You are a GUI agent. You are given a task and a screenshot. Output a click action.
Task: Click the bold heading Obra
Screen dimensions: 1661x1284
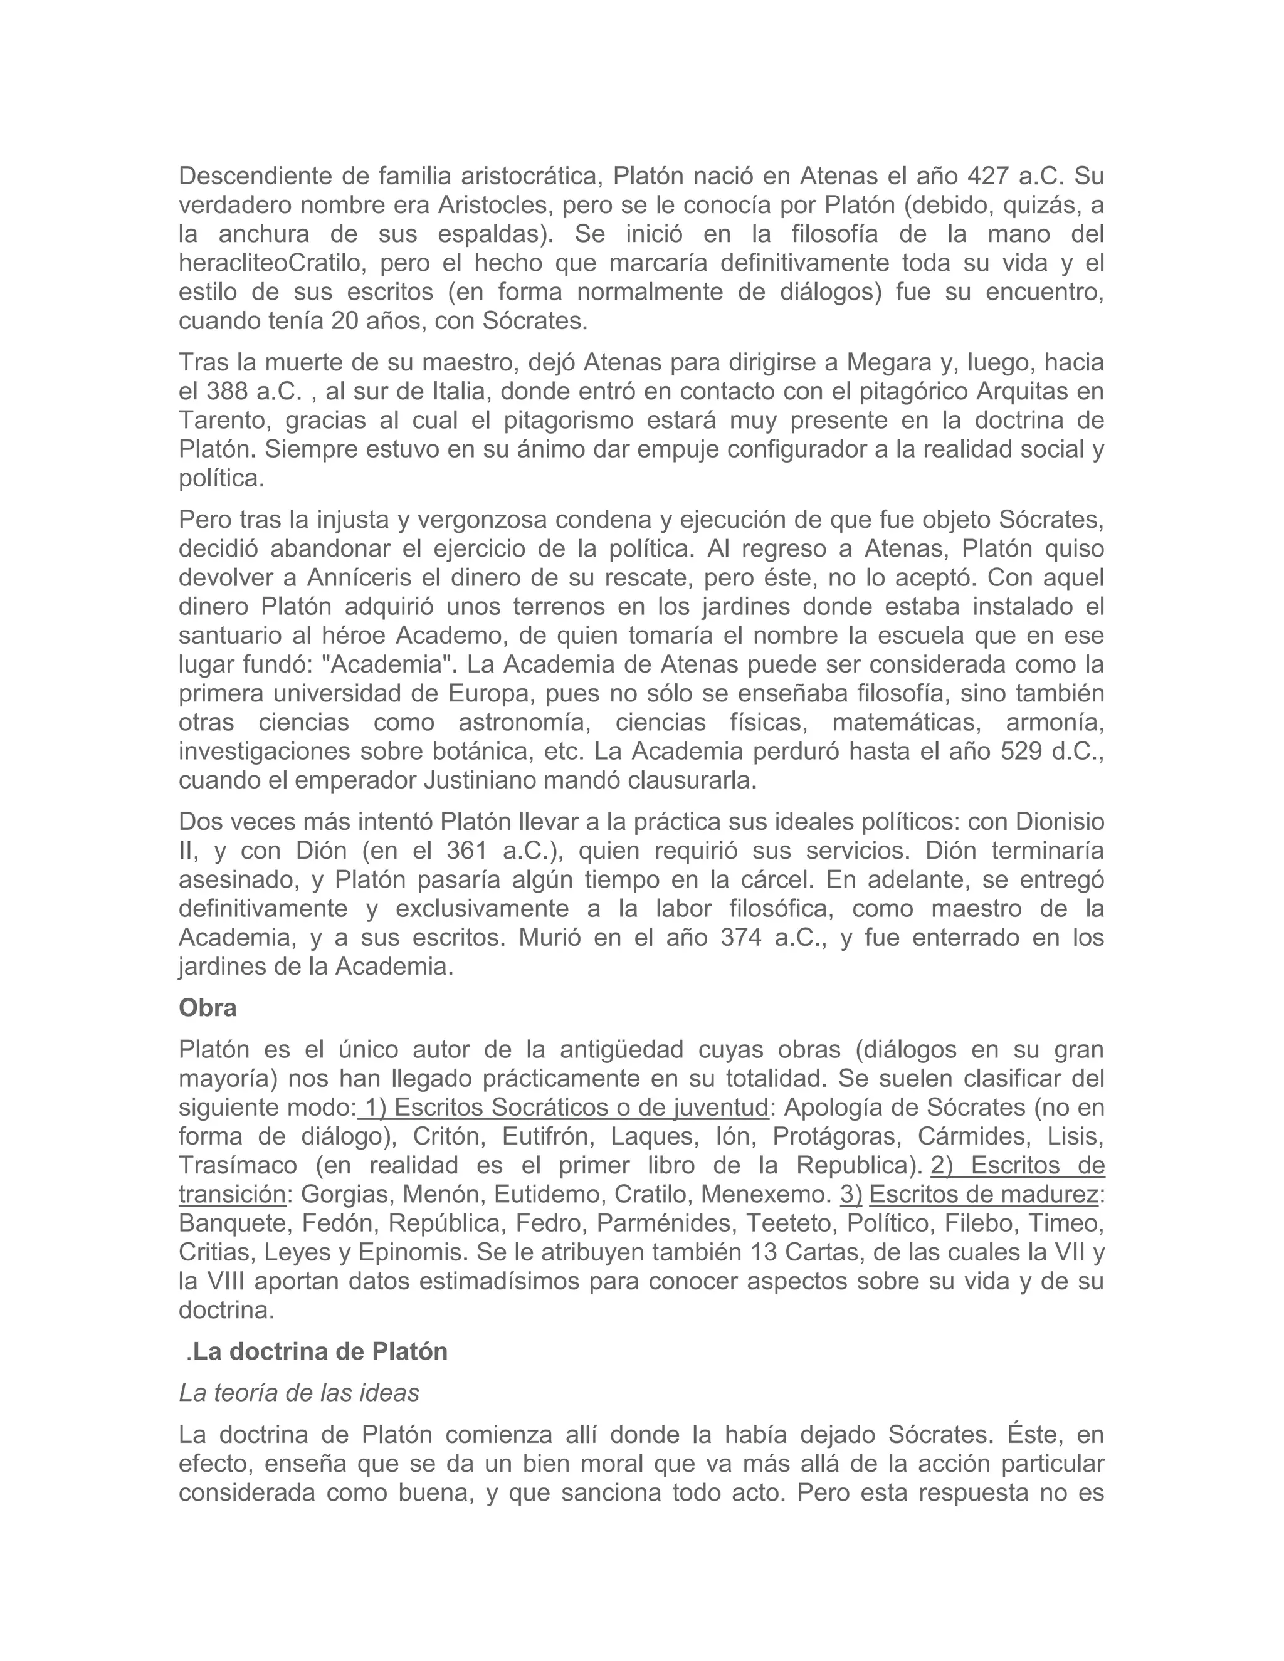click(208, 1009)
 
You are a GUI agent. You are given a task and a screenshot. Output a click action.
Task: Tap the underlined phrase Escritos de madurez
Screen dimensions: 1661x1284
click(983, 1195)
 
